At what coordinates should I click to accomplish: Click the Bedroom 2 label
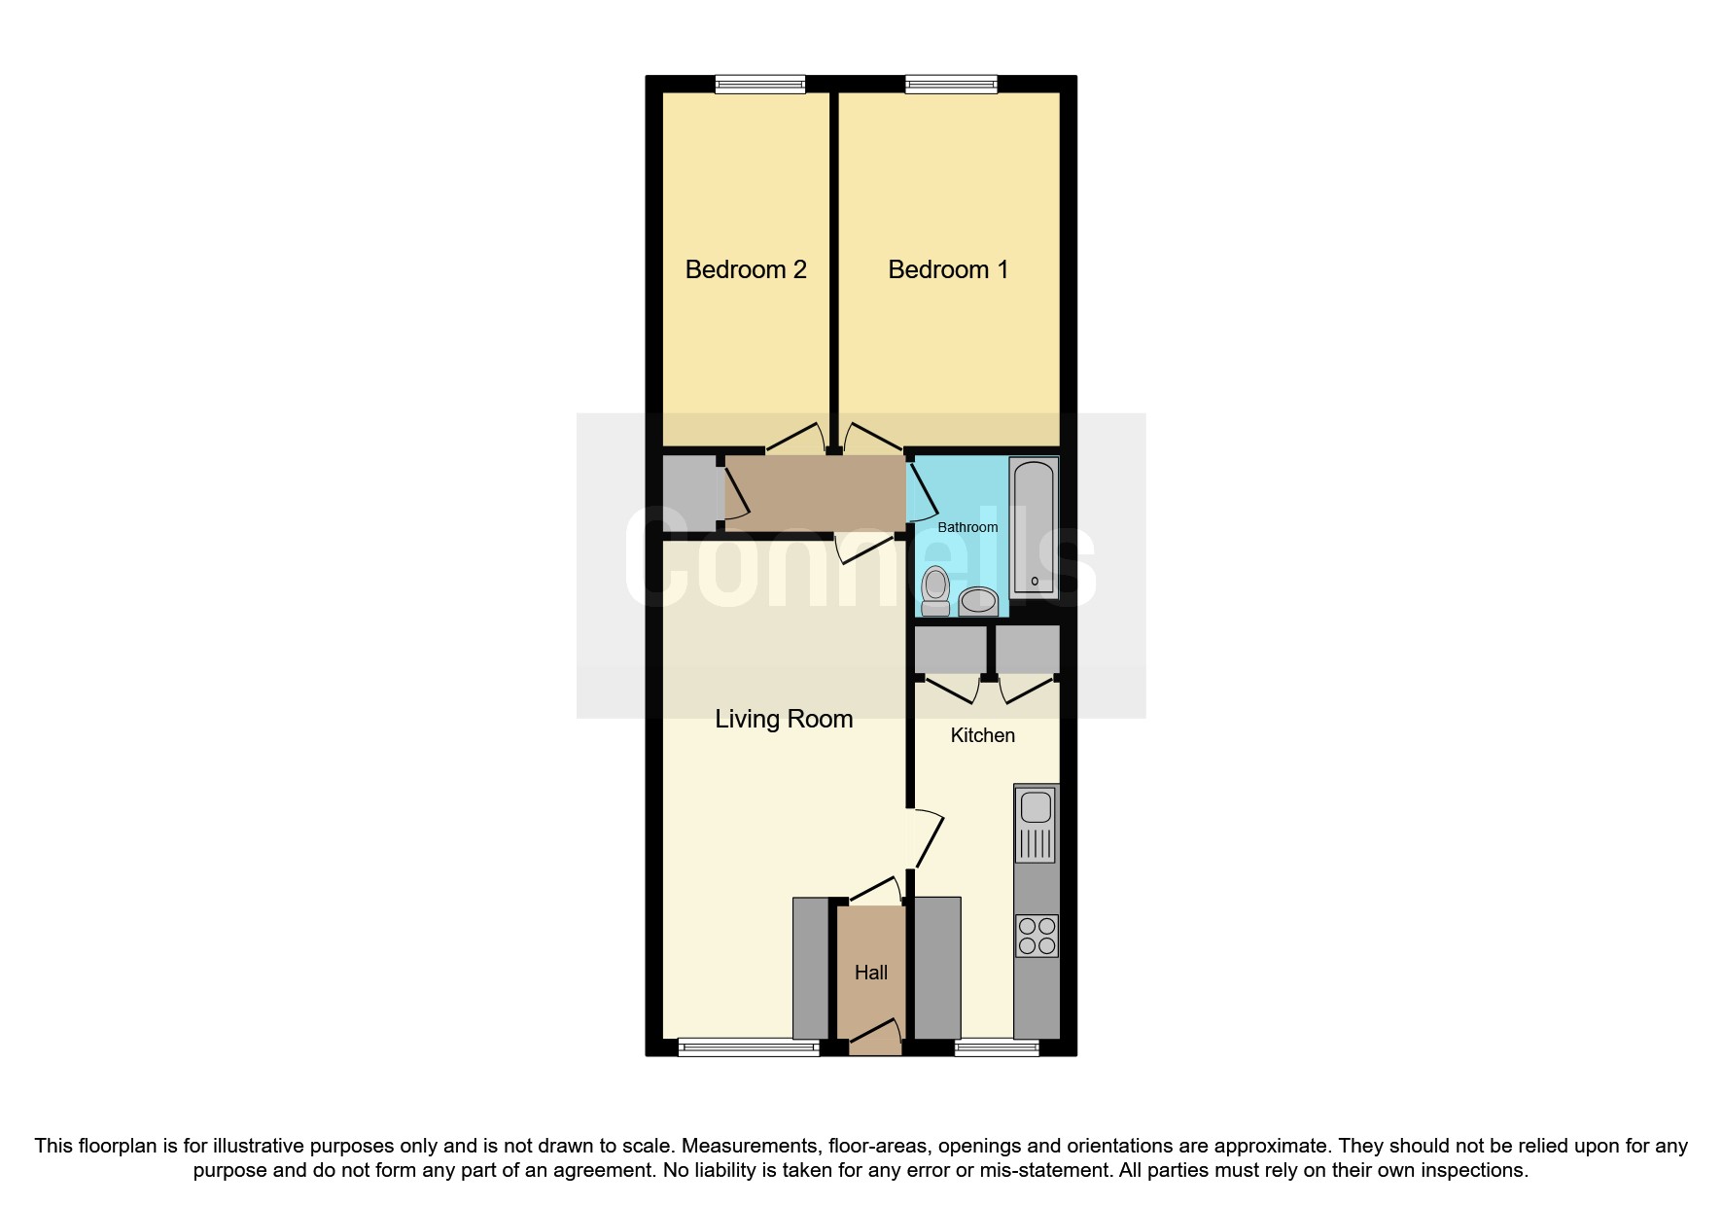pos(746,269)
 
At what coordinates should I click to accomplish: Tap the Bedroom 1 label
pos(948,269)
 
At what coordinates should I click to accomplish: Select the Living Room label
pos(784,719)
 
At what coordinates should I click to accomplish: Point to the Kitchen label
pos(982,735)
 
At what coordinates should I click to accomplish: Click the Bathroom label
pos(967,527)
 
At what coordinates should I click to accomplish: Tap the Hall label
pos(871,973)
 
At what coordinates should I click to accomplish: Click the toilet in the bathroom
pos(935,589)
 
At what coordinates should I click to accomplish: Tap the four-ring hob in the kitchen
pos(1036,936)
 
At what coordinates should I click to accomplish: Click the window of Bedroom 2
pos(760,85)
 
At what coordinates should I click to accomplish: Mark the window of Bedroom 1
pos(951,85)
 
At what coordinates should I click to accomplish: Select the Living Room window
pos(749,1047)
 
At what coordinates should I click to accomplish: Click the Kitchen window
pos(997,1047)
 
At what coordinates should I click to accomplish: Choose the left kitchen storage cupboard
pos(950,650)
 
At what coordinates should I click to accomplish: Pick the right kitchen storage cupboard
pos(1027,650)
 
